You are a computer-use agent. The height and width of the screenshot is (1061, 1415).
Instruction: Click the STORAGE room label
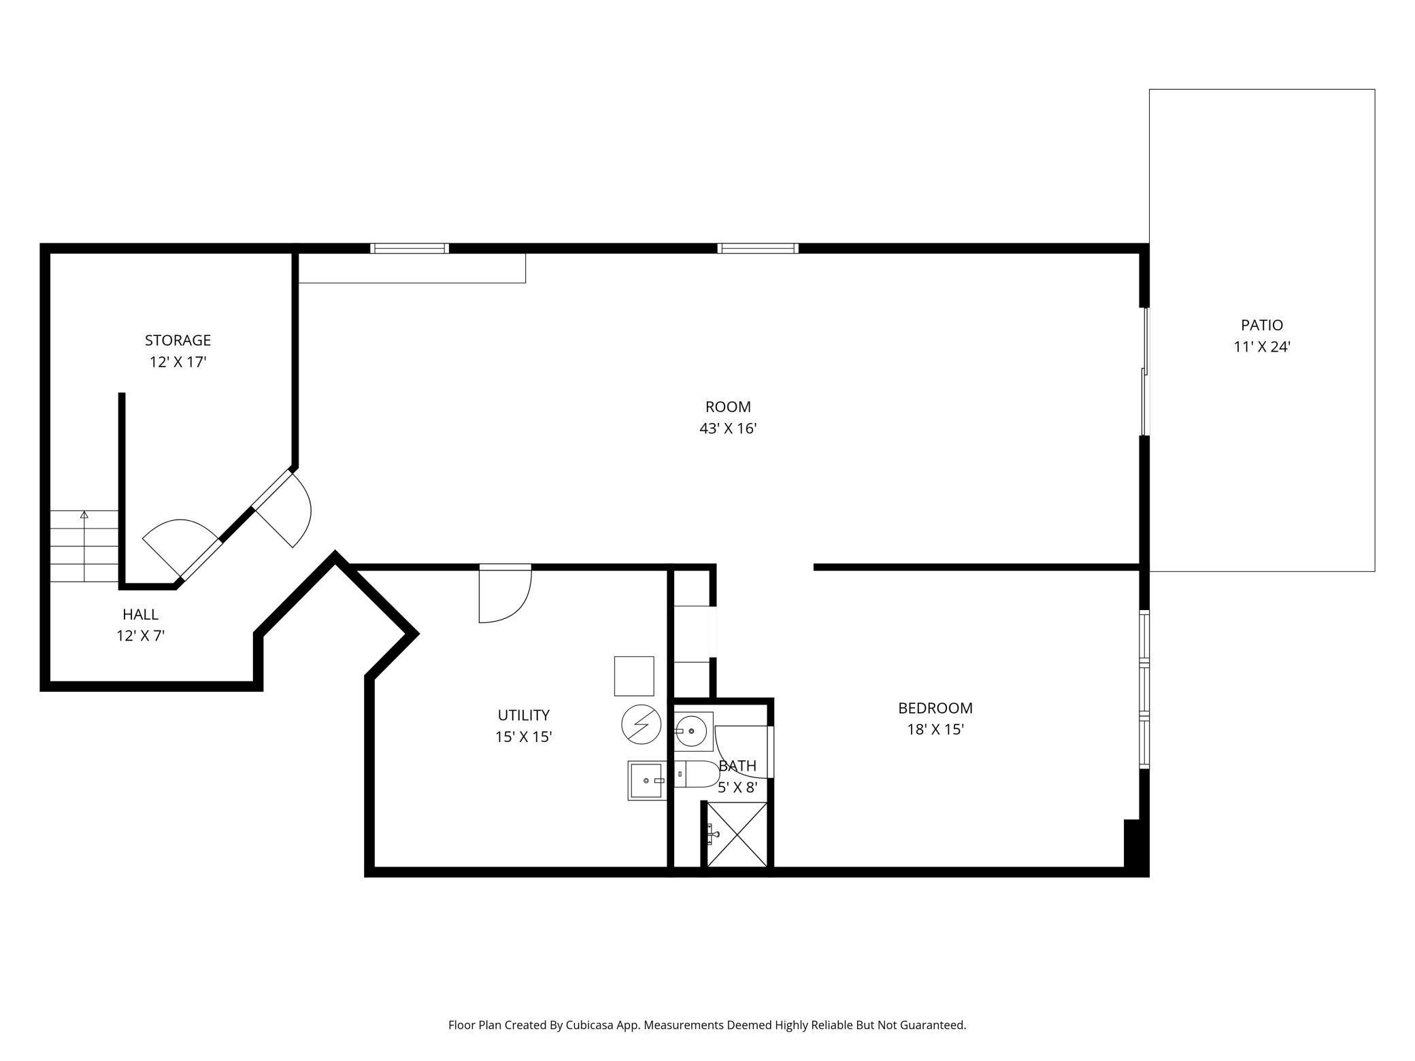pyautogui.click(x=178, y=340)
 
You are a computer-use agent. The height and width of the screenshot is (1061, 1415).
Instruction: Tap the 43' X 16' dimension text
pyautogui.click(x=728, y=428)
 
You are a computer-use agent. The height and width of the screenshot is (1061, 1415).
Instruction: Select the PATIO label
pyautogui.click(x=1261, y=325)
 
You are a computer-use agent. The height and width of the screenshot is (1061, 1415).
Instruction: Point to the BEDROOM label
pyautogui.click(x=935, y=708)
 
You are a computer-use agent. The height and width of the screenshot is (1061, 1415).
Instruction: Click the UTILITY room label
pyautogui.click(x=523, y=715)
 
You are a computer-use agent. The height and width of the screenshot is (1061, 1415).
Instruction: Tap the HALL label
pyautogui.click(x=140, y=614)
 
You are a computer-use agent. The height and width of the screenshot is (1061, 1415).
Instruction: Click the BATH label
pyautogui.click(x=737, y=766)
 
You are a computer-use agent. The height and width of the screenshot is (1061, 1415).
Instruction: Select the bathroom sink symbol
pyautogui.click(x=693, y=731)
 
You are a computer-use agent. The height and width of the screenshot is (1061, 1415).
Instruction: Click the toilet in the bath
pyautogui.click(x=698, y=774)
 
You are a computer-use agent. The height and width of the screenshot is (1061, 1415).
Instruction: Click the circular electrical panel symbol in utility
pyautogui.click(x=641, y=725)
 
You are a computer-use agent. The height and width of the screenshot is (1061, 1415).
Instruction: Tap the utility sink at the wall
pyautogui.click(x=646, y=781)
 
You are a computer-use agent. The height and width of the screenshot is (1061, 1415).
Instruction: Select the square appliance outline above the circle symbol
pyautogui.click(x=634, y=676)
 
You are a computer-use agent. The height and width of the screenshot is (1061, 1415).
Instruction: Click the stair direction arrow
pyautogui.click(x=84, y=515)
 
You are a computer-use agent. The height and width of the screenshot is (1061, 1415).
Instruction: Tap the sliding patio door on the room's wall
pyautogui.click(x=1145, y=371)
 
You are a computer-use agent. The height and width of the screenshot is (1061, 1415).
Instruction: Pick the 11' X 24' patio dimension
pyautogui.click(x=1261, y=347)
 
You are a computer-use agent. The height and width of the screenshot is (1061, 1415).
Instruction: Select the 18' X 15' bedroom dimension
pyautogui.click(x=935, y=730)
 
